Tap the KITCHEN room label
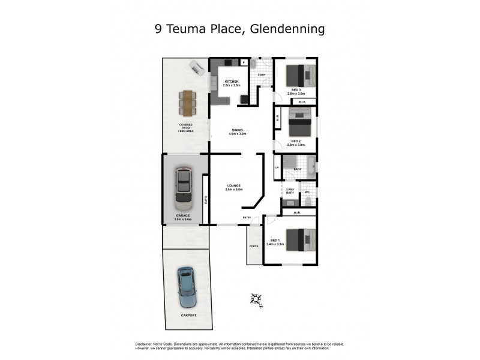[x=231, y=82]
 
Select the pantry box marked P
[x=244, y=62]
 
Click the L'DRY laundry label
[x=262, y=75]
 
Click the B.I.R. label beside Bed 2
[x=277, y=118]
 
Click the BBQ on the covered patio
[x=196, y=67]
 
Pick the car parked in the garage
[x=183, y=187]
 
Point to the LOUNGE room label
[x=234, y=187]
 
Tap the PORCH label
[x=254, y=247]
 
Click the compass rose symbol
[x=256, y=298]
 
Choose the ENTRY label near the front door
[x=247, y=217]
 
